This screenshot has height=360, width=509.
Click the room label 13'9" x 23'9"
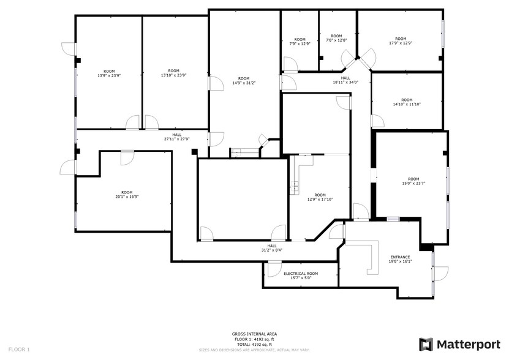[x=109, y=73]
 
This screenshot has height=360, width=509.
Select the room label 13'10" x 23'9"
[x=174, y=73]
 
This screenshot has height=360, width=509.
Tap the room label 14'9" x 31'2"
[x=244, y=81]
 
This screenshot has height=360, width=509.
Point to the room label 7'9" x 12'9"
[x=300, y=42]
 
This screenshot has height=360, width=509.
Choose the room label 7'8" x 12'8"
[x=336, y=38]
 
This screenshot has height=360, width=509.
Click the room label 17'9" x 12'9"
[x=401, y=41]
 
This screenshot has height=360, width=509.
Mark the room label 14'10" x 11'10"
[x=407, y=102]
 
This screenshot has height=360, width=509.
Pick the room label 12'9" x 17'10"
[x=320, y=197]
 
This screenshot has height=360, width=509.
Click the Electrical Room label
[x=300, y=276]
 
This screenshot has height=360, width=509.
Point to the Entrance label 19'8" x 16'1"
[x=401, y=259]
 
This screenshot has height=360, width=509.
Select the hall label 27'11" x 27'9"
[x=176, y=137]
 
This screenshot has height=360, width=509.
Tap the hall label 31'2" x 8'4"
[x=271, y=248]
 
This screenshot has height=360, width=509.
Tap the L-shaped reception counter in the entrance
[x=370, y=256]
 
